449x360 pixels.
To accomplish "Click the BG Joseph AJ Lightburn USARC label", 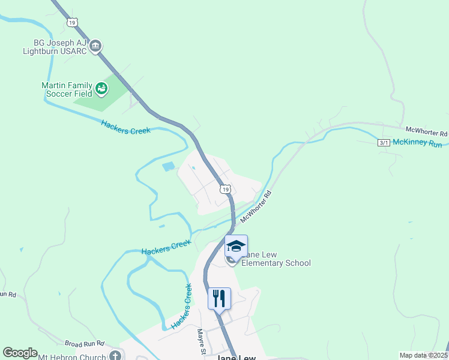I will click(53, 46).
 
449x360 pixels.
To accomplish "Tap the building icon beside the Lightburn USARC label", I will click(95, 46).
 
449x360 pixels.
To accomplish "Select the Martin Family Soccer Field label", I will click(67, 89).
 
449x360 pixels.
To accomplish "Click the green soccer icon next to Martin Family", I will click(101, 89).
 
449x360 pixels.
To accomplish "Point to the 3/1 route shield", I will click(384, 142).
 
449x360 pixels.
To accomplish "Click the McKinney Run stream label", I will click(418, 145).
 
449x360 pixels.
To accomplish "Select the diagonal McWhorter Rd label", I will click(257, 207).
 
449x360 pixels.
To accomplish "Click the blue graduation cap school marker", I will click(236, 247).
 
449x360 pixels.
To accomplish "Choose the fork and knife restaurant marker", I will click(219, 298).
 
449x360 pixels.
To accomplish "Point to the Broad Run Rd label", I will click(85, 343).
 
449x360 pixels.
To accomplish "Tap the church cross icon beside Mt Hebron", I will click(114, 356).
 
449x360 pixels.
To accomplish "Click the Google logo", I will click(20, 353).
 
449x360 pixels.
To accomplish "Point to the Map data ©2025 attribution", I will click(423, 355).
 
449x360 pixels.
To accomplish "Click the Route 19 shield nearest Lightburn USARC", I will click(73, 22).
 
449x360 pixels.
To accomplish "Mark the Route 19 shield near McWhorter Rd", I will click(224, 189).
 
